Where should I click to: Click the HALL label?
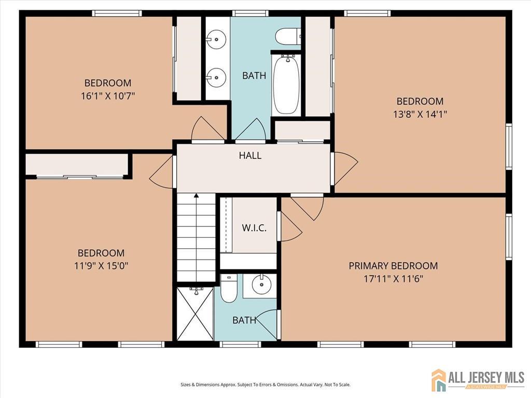point(250,155)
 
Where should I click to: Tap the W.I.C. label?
point(254,228)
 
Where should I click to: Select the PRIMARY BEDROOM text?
point(393,266)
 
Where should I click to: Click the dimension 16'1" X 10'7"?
point(108,96)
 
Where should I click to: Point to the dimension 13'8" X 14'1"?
point(420,114)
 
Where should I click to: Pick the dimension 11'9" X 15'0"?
point(101,266)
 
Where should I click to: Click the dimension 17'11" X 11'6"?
point(394,279)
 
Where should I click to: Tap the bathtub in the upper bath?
point(286,84)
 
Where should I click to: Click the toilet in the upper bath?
point(287,36)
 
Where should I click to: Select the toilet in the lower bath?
point(229,289)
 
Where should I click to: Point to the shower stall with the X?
point(195,314)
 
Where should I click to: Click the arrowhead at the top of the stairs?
point(196,195)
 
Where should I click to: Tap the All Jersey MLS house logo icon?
point(439,379)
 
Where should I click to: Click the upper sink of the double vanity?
point(216,39)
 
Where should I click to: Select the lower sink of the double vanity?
point(216,77)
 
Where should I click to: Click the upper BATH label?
point(254,76)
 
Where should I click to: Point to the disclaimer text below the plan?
point(265,385)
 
